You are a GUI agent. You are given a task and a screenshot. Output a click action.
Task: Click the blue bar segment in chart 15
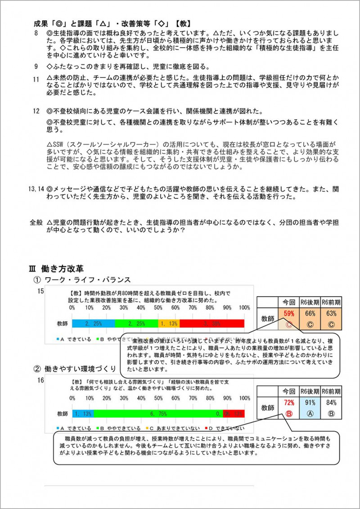click(94, 323)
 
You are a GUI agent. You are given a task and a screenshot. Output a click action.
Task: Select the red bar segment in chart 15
click(211, 323)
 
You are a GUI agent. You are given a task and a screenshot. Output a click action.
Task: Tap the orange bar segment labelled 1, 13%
click(169, 323)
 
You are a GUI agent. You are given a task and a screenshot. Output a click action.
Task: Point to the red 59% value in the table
click(288, 314)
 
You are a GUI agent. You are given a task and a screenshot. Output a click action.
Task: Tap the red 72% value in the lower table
click(288, 403)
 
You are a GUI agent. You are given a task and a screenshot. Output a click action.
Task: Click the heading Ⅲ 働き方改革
click(56, 269)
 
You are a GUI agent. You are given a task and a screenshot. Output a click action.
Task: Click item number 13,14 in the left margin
click(36, 189)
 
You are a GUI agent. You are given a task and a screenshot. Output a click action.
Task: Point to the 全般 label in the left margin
click(36, 222)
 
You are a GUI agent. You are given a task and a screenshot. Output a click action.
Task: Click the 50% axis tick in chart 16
click(158, 398)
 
